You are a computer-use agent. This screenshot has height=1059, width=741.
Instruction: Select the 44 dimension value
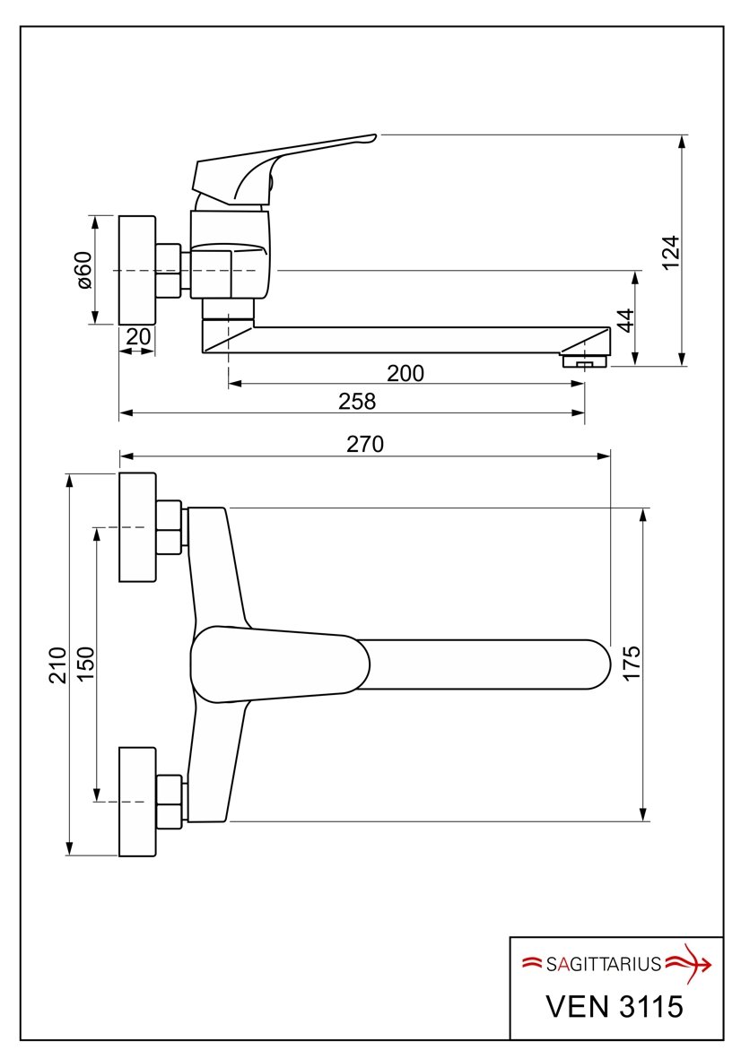[x=625, y=320]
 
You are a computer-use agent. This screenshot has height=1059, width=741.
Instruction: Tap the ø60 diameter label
[x=83, y=269]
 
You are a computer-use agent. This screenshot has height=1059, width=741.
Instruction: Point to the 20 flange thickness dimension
[x=137, y=336]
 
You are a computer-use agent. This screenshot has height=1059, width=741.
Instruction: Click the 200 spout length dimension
[x=405, y=373]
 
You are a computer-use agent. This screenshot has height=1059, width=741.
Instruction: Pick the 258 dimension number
[x=357, y=402]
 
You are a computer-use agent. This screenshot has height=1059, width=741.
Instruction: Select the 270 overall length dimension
[x=365, y=444]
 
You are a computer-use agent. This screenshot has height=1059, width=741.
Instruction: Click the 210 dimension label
[x=58, y=664]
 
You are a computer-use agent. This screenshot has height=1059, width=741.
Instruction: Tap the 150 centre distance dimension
[x=85, y=664]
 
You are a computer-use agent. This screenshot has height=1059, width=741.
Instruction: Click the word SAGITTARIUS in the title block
[x=603, y=965]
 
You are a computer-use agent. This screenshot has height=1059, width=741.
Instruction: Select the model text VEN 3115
[x=615, y=1006]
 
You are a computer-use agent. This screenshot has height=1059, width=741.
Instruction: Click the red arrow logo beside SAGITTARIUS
[x=691, y=962]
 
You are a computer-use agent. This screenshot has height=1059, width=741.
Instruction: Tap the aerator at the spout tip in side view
[x=584, y=361]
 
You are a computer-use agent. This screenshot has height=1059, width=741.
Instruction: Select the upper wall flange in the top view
[x=137, y=526]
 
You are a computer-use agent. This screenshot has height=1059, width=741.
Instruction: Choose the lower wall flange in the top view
[x=137, y=801]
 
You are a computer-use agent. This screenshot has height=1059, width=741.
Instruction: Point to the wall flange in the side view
[x=137, y=270]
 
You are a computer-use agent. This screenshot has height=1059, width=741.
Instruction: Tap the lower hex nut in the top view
[x=170, y=801]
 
